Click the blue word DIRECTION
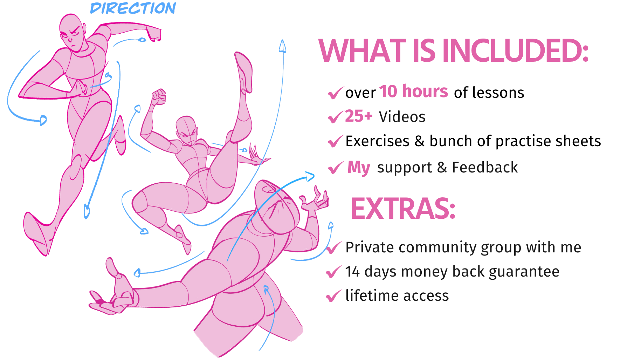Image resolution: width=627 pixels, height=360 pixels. (x=133, y=8)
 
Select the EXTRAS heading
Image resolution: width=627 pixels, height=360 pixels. (x=403, y=209)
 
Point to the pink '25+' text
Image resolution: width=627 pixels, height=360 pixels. (x=359, y=116)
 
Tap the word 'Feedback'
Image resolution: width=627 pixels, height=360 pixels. (x=485, y=167)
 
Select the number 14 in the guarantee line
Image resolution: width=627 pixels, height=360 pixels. (x=353, y=272)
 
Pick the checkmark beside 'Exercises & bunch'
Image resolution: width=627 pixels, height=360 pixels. (x=335, y=141)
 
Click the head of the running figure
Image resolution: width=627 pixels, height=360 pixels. (x=73, y=33)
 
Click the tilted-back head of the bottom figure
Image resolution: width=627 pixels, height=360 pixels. (x=277, y=207)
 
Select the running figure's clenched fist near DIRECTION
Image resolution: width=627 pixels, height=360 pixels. (x=153, y=33)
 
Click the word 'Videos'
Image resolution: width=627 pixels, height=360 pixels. (x=402, y=117)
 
